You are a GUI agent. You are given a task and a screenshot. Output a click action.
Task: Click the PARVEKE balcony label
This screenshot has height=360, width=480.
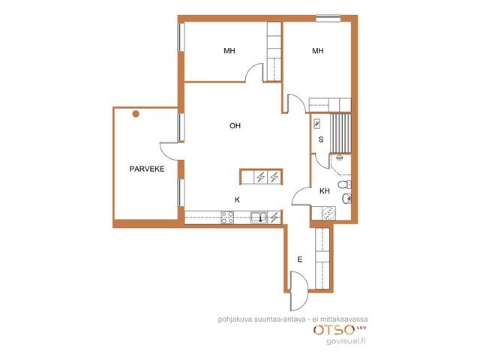[x=147, y=169]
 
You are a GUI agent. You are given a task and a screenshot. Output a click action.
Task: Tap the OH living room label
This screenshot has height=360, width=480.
[x=235, y=125]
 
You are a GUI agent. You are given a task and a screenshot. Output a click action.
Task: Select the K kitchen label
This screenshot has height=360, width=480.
[x=237, y=200]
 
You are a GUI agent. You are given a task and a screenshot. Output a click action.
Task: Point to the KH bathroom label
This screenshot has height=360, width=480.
[x=325, y=191]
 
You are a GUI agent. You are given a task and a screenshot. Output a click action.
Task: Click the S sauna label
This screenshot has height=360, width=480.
[x=321, y=139]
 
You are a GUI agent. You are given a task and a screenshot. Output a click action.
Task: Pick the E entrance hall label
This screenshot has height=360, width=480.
[x=300, y=259]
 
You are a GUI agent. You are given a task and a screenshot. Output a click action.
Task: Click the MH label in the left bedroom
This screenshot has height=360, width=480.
[x=229, y=51]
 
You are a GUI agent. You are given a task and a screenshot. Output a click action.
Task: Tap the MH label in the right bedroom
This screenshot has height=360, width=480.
[x=318, y=51]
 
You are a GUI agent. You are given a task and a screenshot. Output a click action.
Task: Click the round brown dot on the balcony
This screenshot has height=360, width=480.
[x=136, y=114]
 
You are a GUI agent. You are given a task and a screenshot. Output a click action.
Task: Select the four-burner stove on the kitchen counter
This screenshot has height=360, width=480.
[x=227, y=217]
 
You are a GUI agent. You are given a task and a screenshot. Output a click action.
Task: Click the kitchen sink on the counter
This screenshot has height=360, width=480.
[x=259, y=217]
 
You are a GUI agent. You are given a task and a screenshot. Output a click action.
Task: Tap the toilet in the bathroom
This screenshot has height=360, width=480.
[x=344, y=184]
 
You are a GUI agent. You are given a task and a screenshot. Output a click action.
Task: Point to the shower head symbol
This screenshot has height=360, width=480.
[x=339, y=158]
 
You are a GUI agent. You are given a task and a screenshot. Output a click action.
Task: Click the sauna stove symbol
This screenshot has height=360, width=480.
[x=317, y=124]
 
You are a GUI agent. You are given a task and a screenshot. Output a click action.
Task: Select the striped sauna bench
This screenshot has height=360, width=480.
[x=340, y=133]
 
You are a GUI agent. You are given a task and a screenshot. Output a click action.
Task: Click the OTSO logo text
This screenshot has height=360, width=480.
[x=334, y=330]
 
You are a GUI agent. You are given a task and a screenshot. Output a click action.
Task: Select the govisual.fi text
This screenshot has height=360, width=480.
[x=346, y=340]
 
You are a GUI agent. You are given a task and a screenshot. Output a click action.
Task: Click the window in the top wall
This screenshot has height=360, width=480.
[x=328, y=19]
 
